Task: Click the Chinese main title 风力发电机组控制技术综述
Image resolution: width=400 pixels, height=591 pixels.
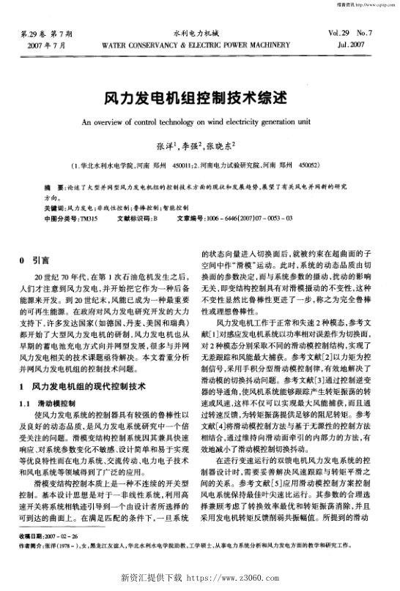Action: [x=199, y=98]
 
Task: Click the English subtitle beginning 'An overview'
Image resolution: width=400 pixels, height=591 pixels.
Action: [x=199, y=122]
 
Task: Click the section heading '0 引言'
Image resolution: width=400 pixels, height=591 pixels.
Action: [x=34, y=260]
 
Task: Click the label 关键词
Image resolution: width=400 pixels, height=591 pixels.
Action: [x=56, y=208]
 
